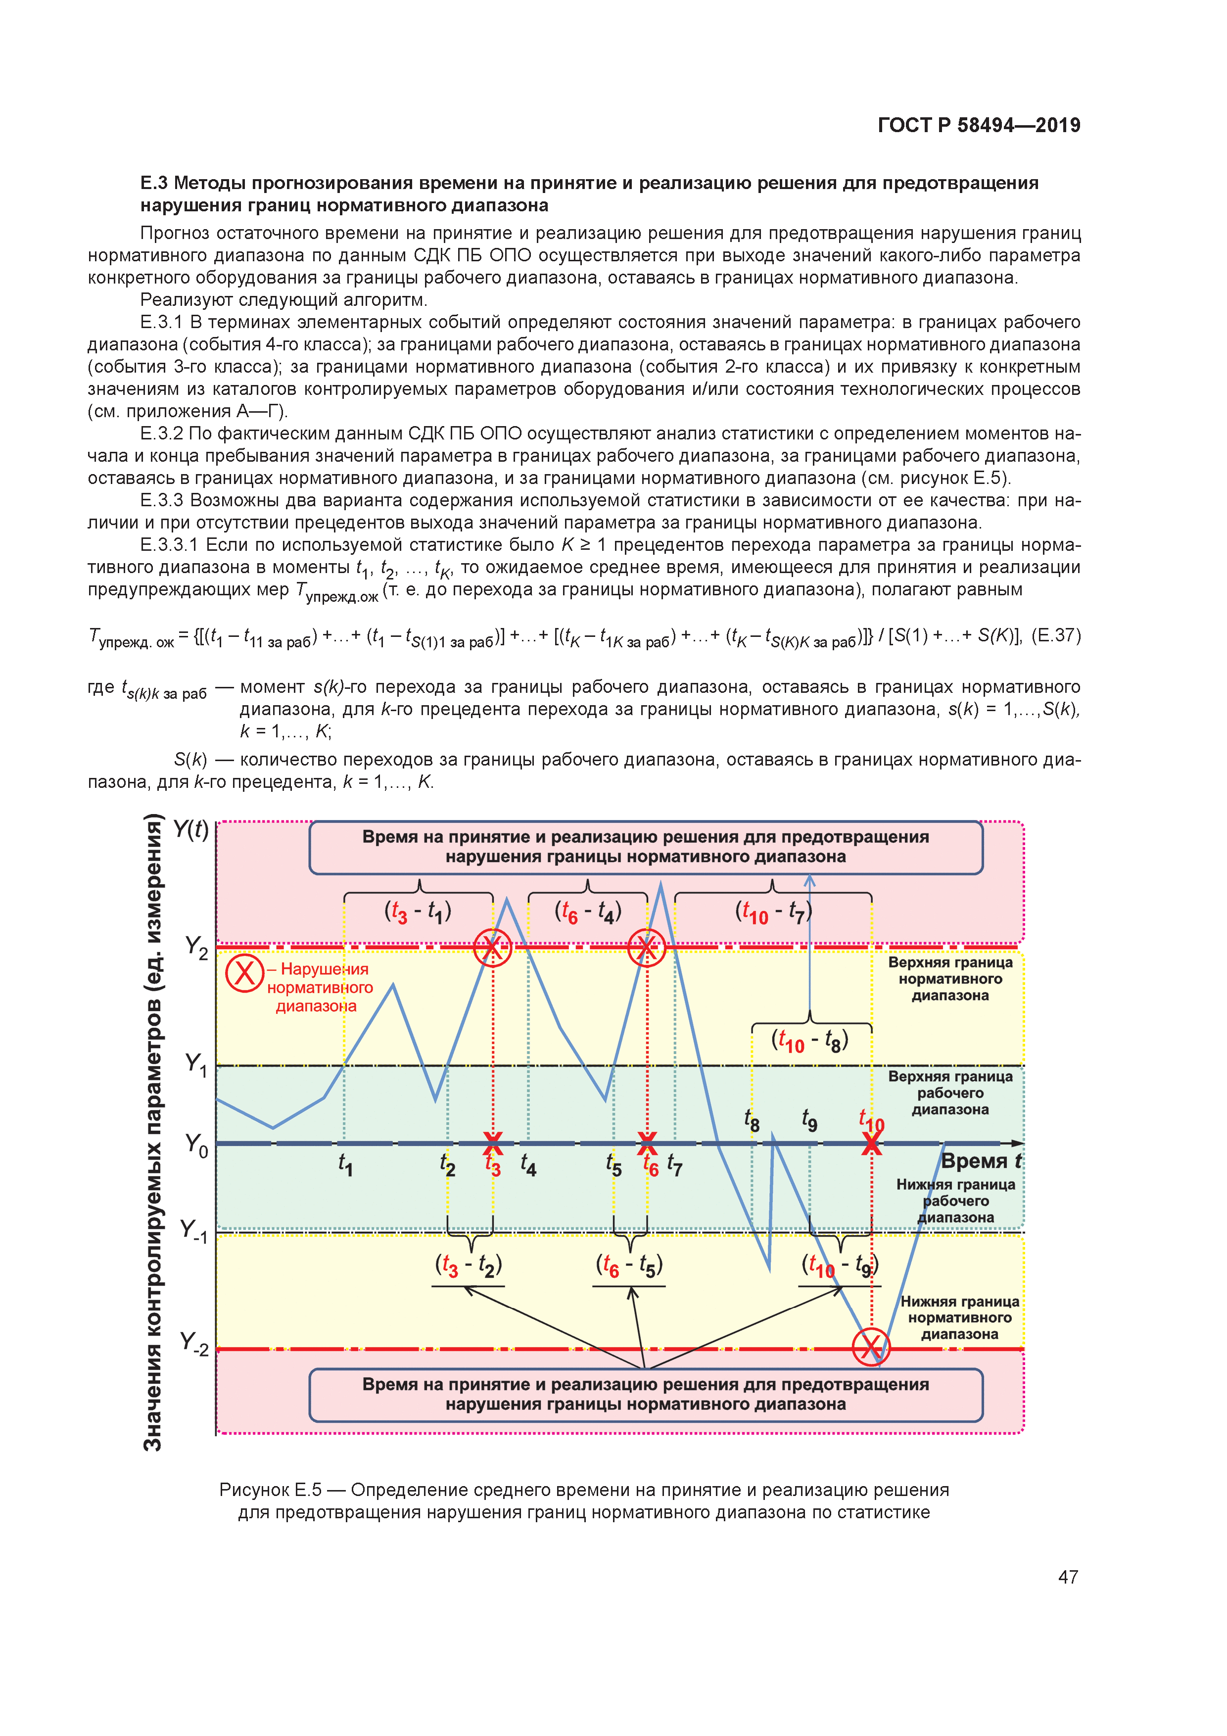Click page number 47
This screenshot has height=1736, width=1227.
tap(1068, 1577)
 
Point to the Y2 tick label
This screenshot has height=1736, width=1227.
tap(196, 947)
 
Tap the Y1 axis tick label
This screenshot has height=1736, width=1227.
tap(196, 1064)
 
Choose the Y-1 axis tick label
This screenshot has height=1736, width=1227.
tap(194, 1230)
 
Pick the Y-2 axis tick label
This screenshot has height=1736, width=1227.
tap(194, 1343)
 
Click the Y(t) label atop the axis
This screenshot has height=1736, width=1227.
tap(190, 829)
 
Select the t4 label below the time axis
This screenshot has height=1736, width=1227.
tap(528, 1165)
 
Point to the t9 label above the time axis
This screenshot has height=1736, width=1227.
tap(810, 1120)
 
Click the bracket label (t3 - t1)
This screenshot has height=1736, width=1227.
tap(418, 912)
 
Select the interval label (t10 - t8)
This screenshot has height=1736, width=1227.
tap(810, 1041)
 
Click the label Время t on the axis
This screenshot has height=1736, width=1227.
tap(981, 1160)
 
